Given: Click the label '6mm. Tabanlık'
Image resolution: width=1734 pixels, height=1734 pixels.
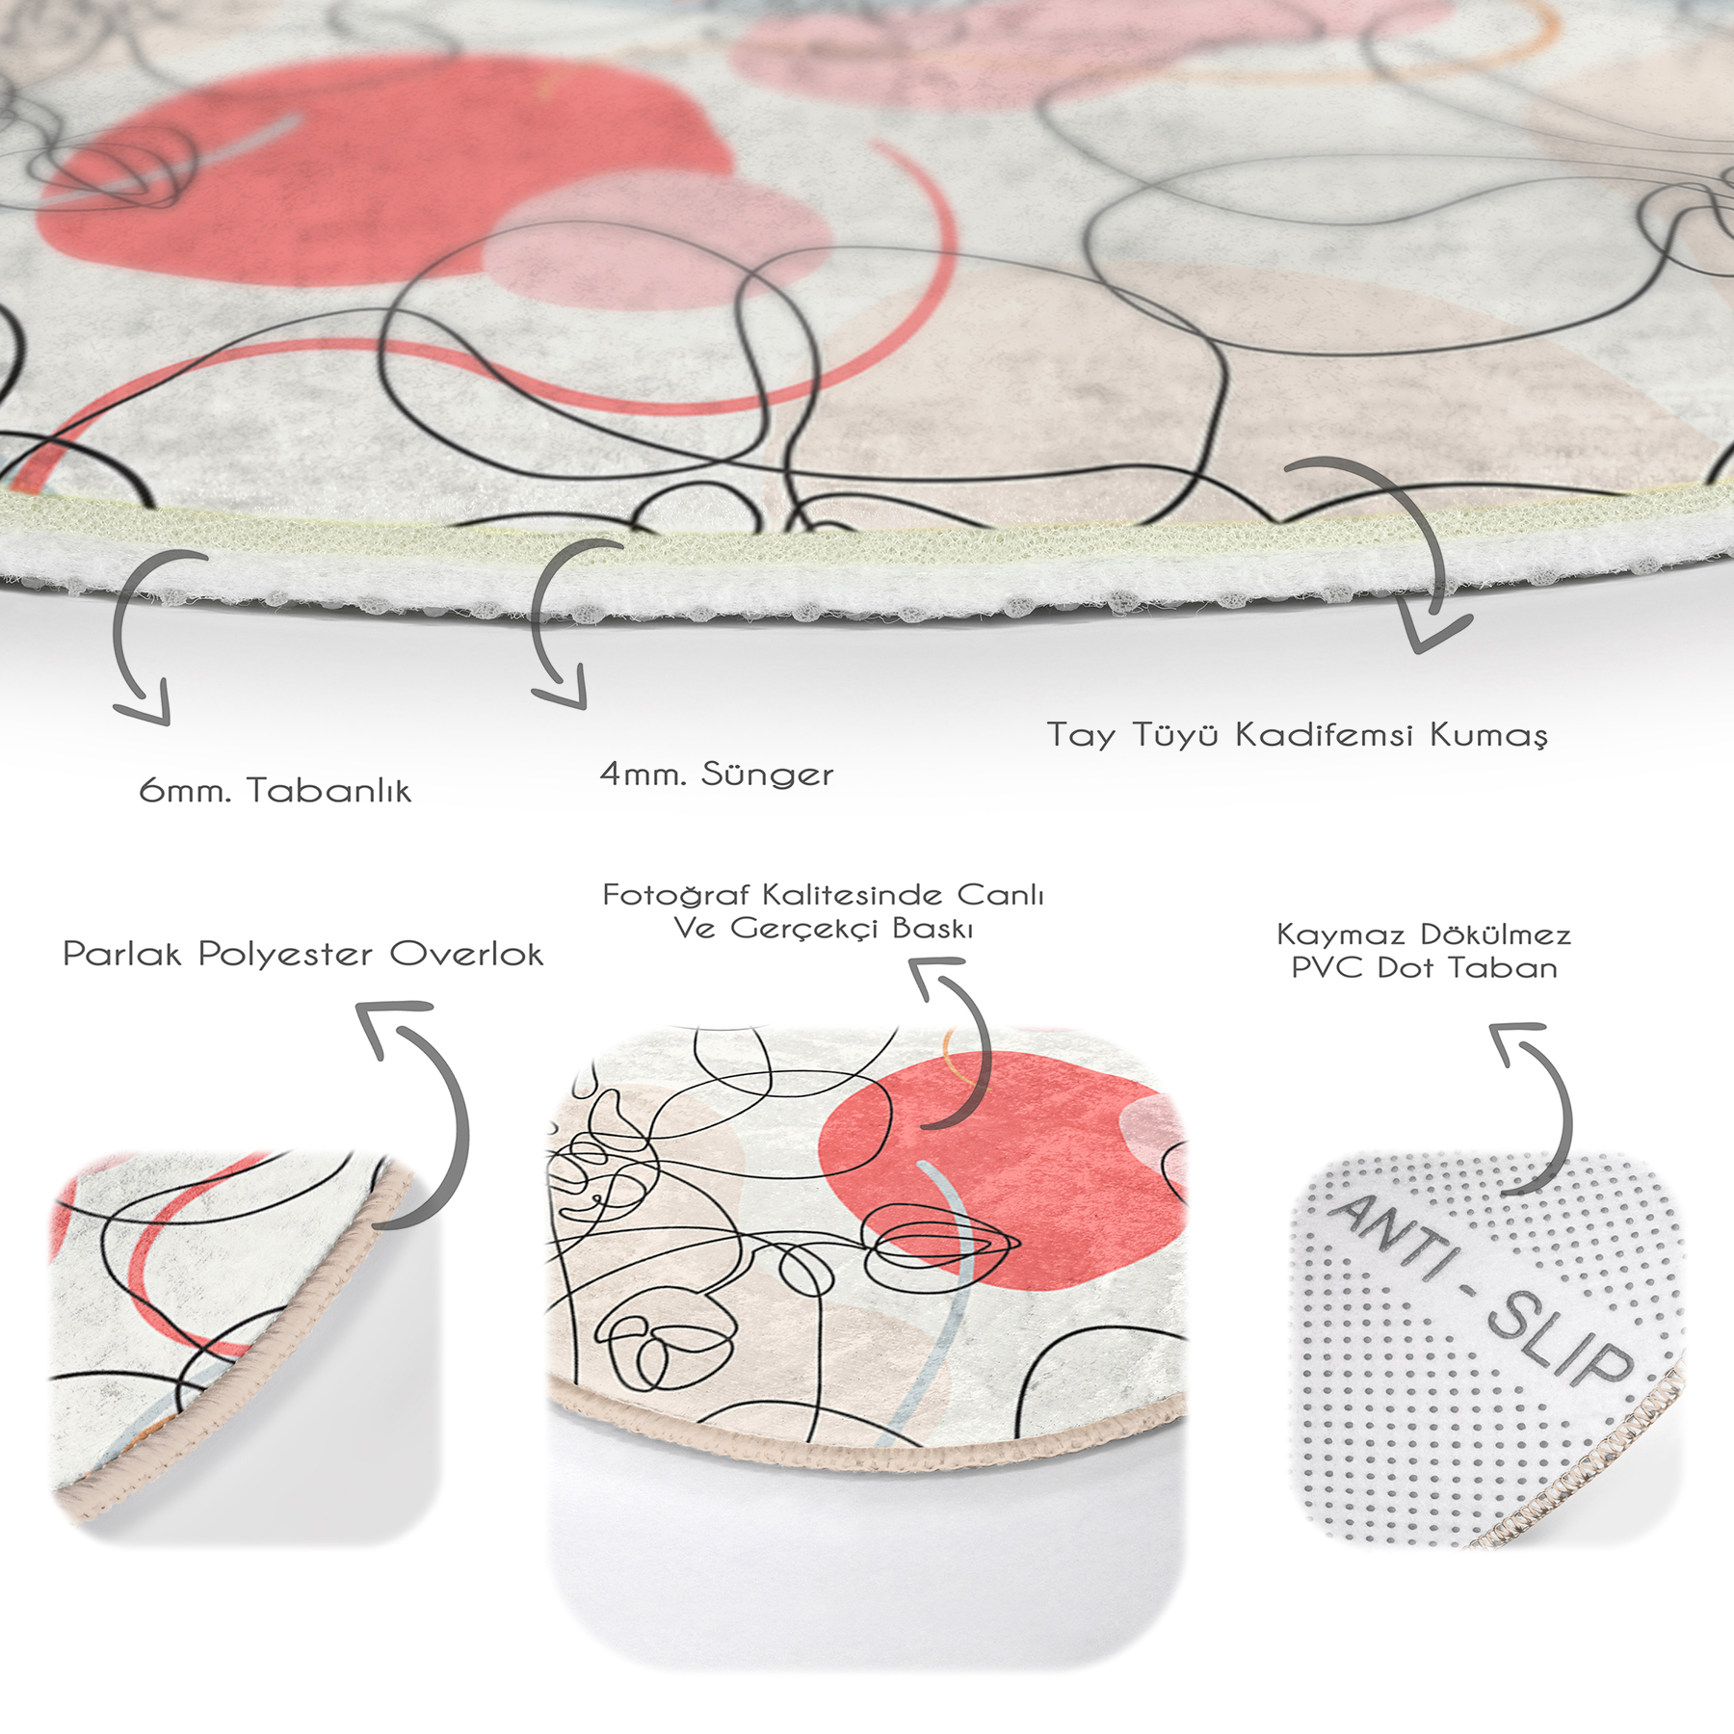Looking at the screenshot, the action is click(x=276, y=790).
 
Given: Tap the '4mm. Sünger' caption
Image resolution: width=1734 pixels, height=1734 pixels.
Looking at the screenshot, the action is click(x=717, y=774).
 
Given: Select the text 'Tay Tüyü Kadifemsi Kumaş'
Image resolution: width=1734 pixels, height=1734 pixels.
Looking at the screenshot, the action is click(x=1298, y=735).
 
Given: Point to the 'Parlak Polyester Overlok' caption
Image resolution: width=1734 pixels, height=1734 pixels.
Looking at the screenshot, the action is click(x=302, y=954).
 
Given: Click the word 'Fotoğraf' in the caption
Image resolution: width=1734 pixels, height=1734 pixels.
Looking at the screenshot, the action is click(x=676, y=895).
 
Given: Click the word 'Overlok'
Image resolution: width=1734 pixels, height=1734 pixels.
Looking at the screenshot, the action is click(x=466, y=954).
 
